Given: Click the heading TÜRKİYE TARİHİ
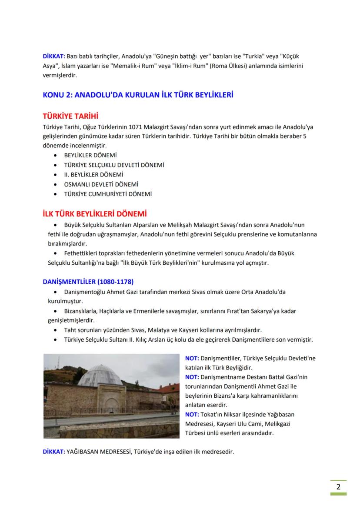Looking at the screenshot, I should pyautogui.click(x=70, y=116).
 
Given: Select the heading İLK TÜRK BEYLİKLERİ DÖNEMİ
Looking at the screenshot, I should pyautogui.click(x=94, y=214).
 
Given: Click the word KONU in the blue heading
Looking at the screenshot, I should pyautogui.click(x=52, y=94).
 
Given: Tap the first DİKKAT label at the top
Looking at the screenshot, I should pyautogui.click(x=53, y=57).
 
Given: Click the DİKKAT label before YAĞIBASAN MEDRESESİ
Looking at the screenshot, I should pyautogui.click(x=53, y=451).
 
